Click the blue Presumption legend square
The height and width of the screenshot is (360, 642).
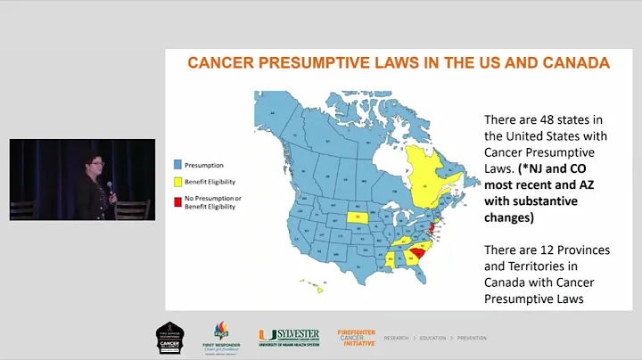[x=177, y=164]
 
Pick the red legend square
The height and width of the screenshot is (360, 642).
[x=177, y=198]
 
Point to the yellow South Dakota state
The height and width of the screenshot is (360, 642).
[x=359, y=217]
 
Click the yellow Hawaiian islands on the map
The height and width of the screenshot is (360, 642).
[x=315, y=287]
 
